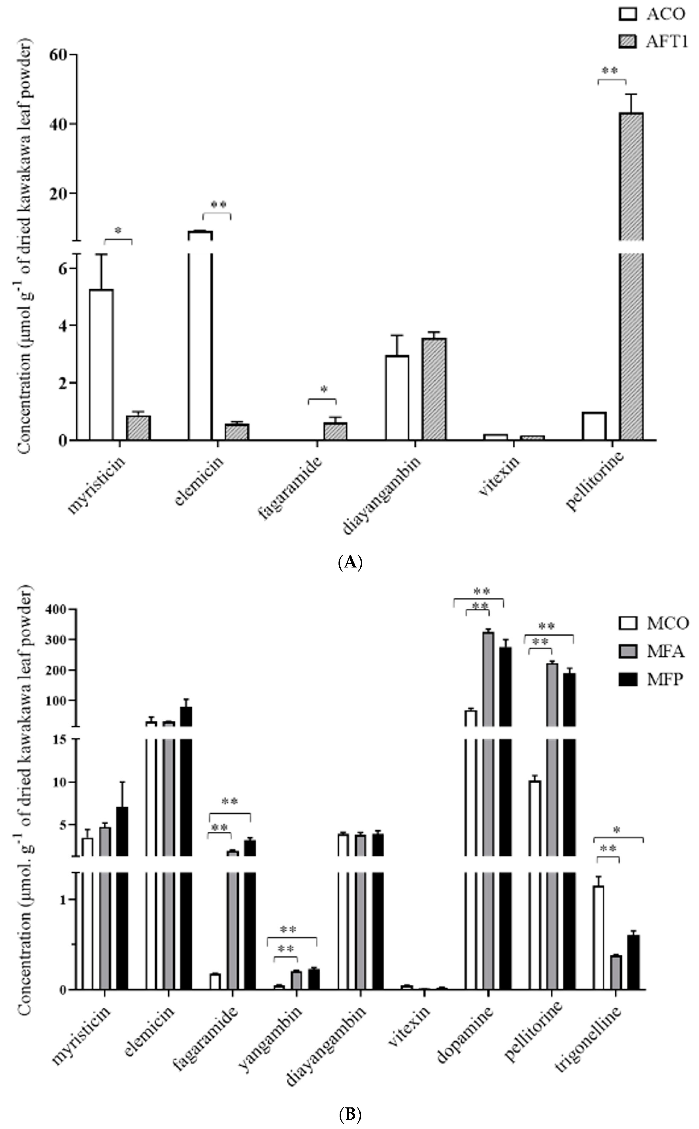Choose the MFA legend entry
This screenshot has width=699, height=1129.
(x=652, y=651)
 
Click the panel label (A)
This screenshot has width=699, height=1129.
(x=350, y=563)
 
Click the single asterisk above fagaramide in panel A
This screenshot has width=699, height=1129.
(x=324, y=389)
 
